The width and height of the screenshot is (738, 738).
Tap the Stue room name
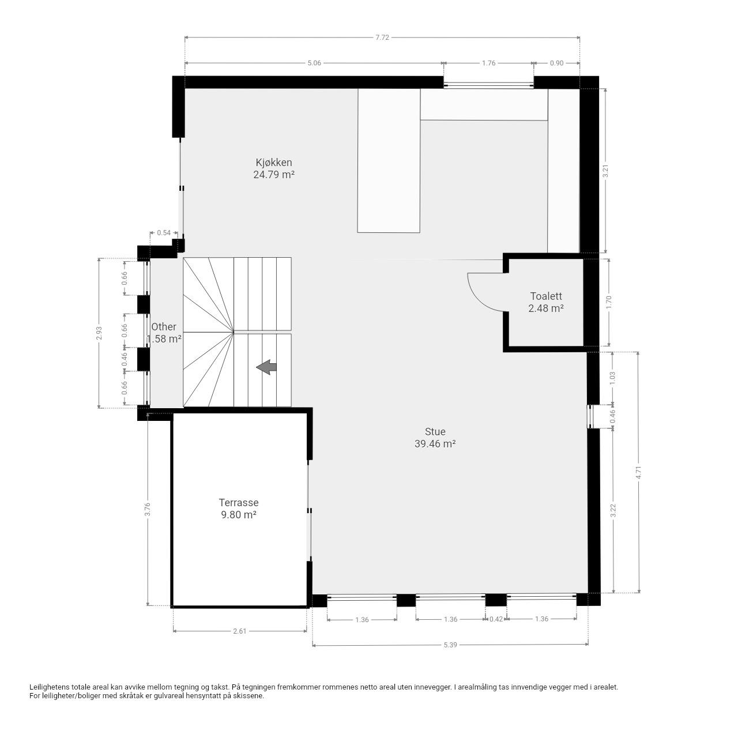tap(435, 432)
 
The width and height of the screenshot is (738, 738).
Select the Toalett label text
tap(546, 296)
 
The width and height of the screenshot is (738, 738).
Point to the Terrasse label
tap(239, 502)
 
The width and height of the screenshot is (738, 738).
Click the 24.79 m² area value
tap(273, 175)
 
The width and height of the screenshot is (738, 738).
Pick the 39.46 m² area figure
tap(435, 444)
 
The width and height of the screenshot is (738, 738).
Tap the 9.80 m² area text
tap(239, 515)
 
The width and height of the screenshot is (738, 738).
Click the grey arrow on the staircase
tap(266, 367)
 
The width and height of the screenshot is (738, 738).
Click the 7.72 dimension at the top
tap(382, 37)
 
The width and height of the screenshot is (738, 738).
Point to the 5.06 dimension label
tap(314, 63)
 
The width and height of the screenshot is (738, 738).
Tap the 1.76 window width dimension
tap(489, 63)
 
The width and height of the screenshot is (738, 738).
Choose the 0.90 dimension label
tap(556, 63)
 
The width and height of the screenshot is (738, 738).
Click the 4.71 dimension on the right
tap(638, 472)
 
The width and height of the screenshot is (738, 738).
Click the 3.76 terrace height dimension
tap(148, 509)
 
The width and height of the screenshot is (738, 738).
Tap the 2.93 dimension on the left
tap(99, 333)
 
